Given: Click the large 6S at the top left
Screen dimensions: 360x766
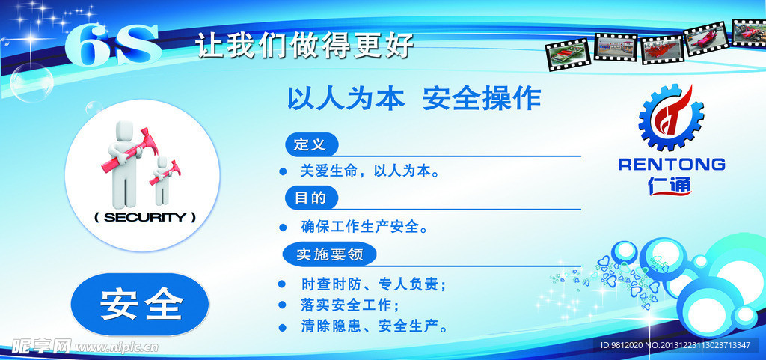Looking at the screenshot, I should [x=112, y=45].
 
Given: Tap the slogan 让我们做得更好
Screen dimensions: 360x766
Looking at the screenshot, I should [x=304, y=44].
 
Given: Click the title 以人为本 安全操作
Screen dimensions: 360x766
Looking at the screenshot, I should [x=414, y=98].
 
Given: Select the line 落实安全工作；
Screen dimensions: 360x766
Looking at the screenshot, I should [x=350, y=305].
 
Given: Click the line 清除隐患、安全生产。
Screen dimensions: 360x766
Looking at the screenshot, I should [x=374, y=326].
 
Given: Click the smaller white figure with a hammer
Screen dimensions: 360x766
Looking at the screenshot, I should [x=162, y=182].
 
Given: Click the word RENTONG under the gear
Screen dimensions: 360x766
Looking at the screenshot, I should [x=671, y=164].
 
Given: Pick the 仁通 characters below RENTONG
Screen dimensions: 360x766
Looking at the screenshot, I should [x=671, y=184].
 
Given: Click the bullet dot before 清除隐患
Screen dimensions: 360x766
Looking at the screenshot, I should [x=282, y=326].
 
